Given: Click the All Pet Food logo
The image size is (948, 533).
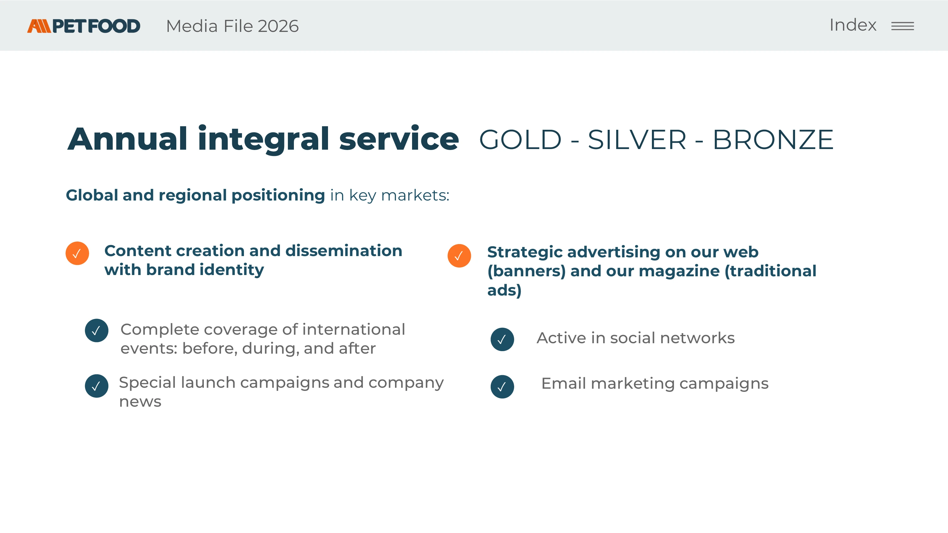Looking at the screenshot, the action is pyautogui.click(x=83, y=26).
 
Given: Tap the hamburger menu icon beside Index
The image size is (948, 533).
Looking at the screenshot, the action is pyautogui.click(x=902, y=26).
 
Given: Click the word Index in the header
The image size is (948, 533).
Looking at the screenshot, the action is pyautogui.click(x=853, y=25).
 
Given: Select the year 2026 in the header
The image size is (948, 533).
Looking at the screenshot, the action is pyautogui.click(x=278, y=26).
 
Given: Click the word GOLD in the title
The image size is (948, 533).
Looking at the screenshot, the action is pyautogui.click(x=520, y=140).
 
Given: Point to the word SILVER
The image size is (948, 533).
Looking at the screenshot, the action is pyautogui.click(x=637, y=140).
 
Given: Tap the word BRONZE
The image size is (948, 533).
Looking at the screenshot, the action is pyautogui.click(x=773, y=140).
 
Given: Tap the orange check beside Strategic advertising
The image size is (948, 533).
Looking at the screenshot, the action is pyautogui.click(x=459, y=256).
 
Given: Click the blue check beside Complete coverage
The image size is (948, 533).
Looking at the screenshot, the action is pyautogui.click(x=96, y=330).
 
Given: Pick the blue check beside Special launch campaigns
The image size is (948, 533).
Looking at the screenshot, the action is pyautogui.click(x=96, y=386).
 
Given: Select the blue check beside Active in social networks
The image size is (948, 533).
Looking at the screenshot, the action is pyautogui.click(x=502, y=339).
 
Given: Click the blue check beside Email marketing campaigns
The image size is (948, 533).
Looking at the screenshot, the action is pyautogui.click(x=502, y=386).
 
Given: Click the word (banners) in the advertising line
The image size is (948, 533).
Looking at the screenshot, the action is pyautogui.click(x=526, y=271).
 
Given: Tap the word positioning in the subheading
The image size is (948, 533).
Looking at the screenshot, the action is pyautogui.click(x=278, y=195).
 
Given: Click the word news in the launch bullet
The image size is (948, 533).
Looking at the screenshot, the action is pyautogui.click(x=140, y=402).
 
